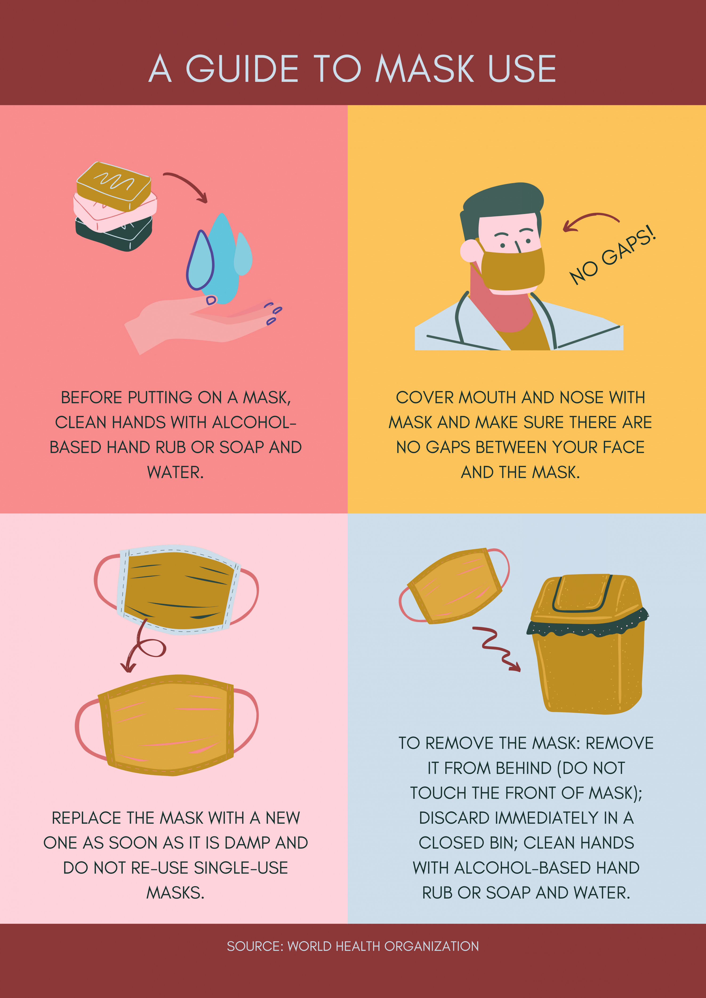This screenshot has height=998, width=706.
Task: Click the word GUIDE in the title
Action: [242, 69]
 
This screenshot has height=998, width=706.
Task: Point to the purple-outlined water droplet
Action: [200, 261]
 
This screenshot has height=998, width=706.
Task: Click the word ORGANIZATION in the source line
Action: [432, 946]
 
